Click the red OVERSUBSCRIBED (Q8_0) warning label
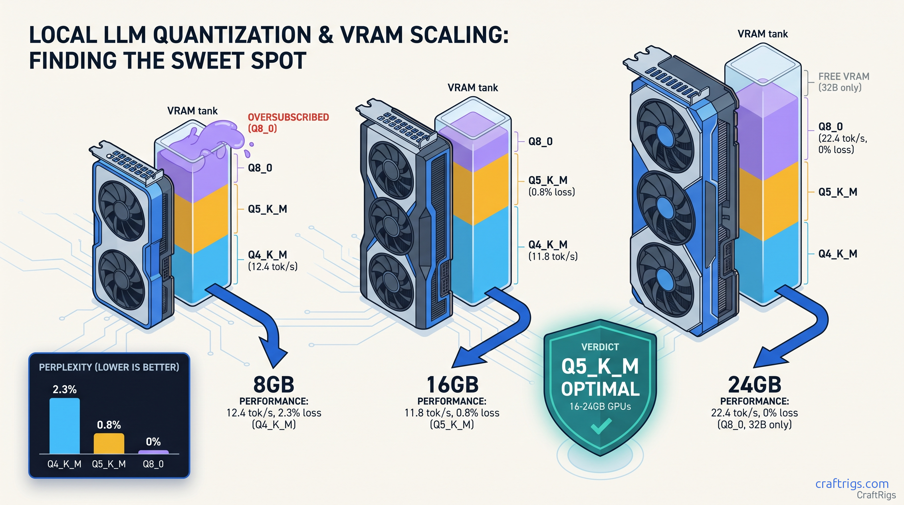pyautogui.click(x=288, y=123)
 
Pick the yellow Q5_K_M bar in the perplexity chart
pyautogui.click(x=109, y=443)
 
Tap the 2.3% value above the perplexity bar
pyautogui.click(x=65, y=389)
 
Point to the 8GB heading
pyautogui.click(x=274, y=385)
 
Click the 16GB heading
pyautogui.click(x=452, y=385)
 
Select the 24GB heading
pyautogui.click(x=755, y=385)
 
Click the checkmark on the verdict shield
pyautogui.click(x=601, y=426)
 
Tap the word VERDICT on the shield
pyautogui.click(x=600, y=347)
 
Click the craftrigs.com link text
pyautogui.click(x=852, y=484)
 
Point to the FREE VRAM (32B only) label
pyautogui.click(x=844, y=82)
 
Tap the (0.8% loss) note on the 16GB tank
pyautogui.click(x=552, y=192)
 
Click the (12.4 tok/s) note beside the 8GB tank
pyautogui.click(x=273, y=267)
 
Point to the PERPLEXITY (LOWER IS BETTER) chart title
pyautogui.click(x=109, y=367)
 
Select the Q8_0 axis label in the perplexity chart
pyautogui.click(x=153, y=464)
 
